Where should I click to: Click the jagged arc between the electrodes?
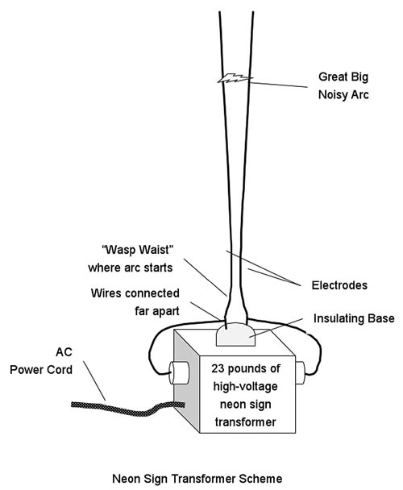coord(235,79)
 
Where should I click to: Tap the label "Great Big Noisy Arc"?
coord(343,85)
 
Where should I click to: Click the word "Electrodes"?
coord(339,285)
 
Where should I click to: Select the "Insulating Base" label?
coord(354,318)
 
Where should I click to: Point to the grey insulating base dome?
coord(235,334)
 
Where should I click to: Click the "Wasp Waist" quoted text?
coord(138,250)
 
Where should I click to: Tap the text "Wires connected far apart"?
coord(135,302)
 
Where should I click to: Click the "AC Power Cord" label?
coord(41,361)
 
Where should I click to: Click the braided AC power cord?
coord(128,409)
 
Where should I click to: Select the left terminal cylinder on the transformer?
coord(179,372)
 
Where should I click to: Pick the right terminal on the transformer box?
coord(300,373)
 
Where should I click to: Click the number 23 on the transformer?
coord(218,368)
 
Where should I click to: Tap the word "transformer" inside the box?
coord(245,421)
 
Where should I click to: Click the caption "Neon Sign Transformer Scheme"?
coord(197,479)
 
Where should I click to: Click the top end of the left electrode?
coord(220,12)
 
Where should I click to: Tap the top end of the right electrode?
coord(252,12)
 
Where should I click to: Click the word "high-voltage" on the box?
coord(245,387)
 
